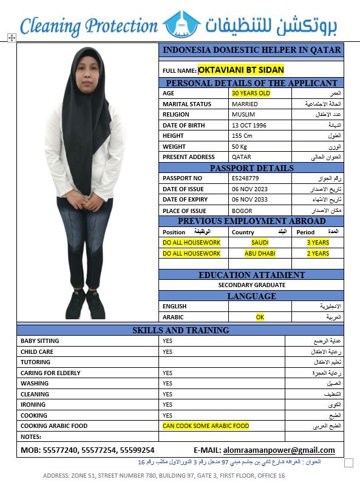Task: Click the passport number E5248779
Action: click(x=245, y=178)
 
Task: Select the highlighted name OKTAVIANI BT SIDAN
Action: click(x=241, y=70)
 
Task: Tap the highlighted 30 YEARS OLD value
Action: click(x=251, y=93)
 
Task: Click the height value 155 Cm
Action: click(x=242, y=136)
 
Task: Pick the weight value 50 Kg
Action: click(x=239, y=146)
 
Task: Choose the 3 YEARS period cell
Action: click(x=318, y=242)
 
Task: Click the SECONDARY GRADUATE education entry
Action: click(x=251, y=285)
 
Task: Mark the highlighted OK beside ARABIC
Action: click(x=260, y=317)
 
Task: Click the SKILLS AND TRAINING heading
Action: click(x=180, y=330)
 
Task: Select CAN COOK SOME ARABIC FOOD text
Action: click(x=205, y=426)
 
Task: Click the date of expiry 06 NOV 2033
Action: click(x=250, y=200)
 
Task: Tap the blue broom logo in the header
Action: click(x=182, y=24)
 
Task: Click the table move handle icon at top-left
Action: click(x=11, y=38)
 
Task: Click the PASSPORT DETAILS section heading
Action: click(x=251, y=168)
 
